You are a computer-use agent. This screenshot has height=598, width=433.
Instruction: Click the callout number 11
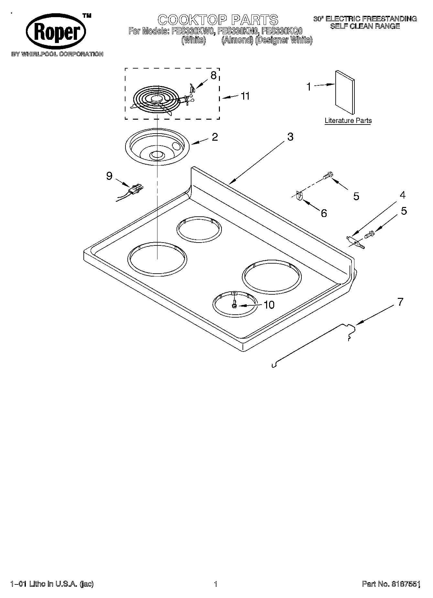point(245,96)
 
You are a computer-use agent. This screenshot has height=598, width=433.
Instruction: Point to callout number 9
point(109,176)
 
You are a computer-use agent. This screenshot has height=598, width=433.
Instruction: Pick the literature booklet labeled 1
point(344,92)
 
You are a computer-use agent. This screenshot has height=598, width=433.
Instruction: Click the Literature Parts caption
point(348,121)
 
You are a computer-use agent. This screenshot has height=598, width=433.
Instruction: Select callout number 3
point(290,137)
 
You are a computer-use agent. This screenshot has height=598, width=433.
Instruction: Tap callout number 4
point(402,195)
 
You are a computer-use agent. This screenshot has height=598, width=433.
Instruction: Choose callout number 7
point(400,302)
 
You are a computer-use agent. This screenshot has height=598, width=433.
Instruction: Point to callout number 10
point(269,305)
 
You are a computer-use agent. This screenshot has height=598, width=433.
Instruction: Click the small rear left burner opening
point(199,229)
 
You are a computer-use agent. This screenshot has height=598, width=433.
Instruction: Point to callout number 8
point(213,76)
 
